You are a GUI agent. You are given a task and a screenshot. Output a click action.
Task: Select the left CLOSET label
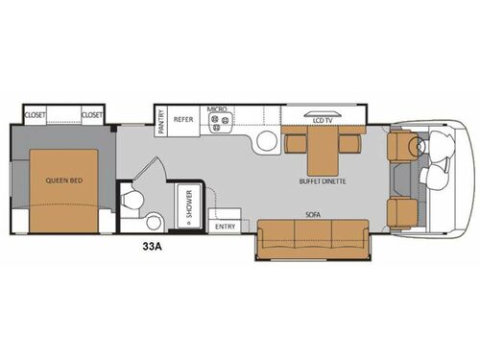pyautogui.click(x=36, y=115)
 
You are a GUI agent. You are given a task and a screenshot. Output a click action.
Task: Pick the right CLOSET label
pyautogui.click(x=92, y=115)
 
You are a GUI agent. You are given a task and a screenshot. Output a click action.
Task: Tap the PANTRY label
pyautogui.click(x=161, y=120)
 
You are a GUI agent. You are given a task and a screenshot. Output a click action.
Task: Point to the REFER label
pyautogui.click(x=183, y=121)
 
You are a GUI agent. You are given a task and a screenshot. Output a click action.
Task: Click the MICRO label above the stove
pyautogui.click(x=216, y=109)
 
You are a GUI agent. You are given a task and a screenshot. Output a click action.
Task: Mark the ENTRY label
pyautogui.click(x=226, y=227)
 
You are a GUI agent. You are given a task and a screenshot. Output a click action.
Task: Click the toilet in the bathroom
pyautogui.click(x=132, y=201)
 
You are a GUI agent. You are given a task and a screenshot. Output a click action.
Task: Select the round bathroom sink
pyautogui.click(x=154, y=223)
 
